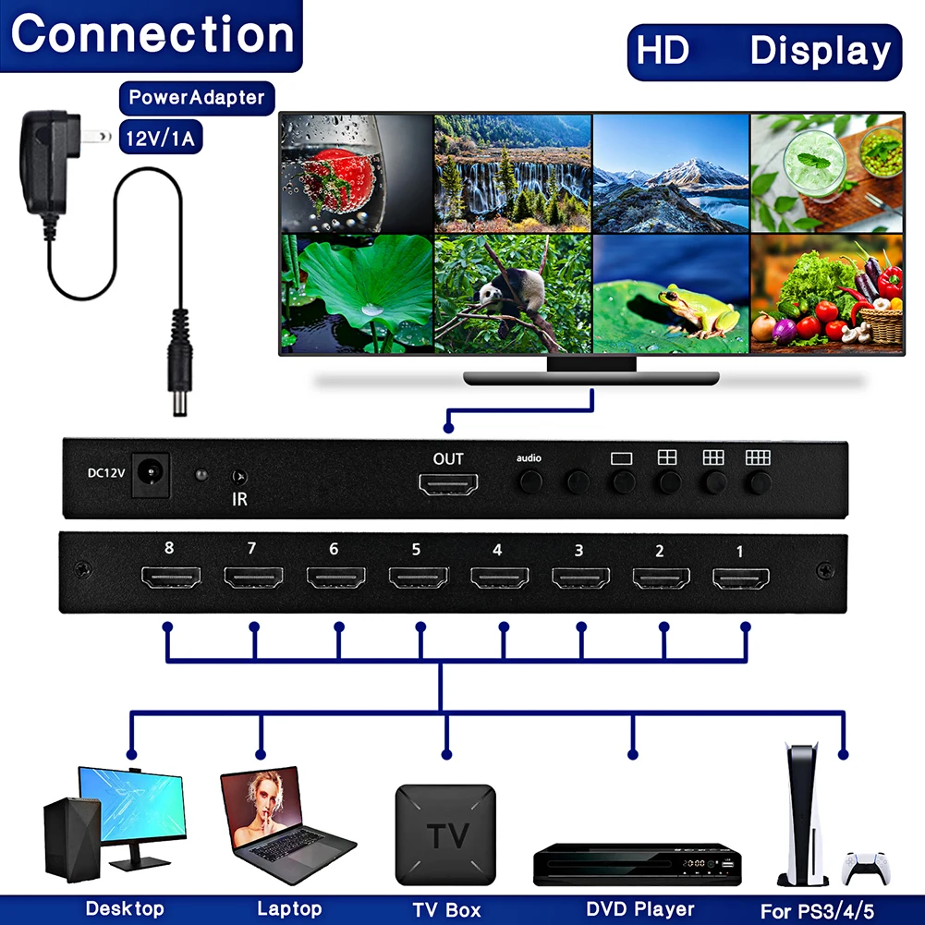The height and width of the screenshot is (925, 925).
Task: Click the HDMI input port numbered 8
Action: click(x=170, y=579)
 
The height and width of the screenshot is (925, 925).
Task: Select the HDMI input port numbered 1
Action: click(x=740, y=579)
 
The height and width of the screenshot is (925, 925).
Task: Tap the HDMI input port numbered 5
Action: click(x=417, y=579)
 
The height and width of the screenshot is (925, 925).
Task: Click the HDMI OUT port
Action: click(x=448, y=483)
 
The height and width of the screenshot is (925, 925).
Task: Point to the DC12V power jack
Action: click(x=148, y=472)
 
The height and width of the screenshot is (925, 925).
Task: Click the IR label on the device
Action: click(x=239, y=499)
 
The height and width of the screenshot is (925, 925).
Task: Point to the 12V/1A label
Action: click(x=162, y=139)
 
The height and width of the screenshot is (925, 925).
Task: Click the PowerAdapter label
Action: click(x=196, y=97)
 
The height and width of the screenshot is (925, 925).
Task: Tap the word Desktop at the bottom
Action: click(x=125, y=909)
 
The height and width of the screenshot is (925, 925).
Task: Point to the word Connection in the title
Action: click(x=152, y=34)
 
